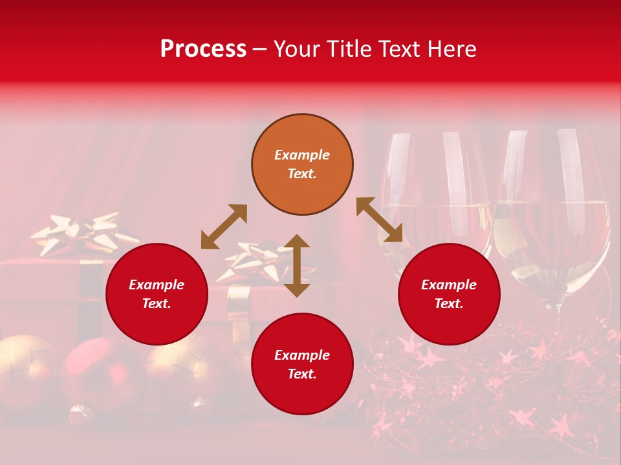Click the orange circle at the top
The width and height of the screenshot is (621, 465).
click(x=302, y=165)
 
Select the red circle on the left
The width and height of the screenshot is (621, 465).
click(x=157, y=294)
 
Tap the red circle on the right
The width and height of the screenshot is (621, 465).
click(x=449, y=294)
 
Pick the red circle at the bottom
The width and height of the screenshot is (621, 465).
click(x=302, y=364)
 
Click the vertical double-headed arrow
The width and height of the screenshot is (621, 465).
click(x=297, y=265)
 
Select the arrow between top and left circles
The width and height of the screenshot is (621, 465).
click(x=224, y=227)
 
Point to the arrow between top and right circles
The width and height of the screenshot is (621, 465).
click(x=379, y=220)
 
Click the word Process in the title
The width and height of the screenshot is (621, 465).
click(x=203, y=48)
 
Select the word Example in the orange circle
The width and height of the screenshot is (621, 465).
click(x=302, y=155)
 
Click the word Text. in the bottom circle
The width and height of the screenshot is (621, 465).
click(x=302, y=374)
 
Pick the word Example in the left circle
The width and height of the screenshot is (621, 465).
click(x=157, y=285)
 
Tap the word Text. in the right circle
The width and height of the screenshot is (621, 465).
click(x=449, y=304)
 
